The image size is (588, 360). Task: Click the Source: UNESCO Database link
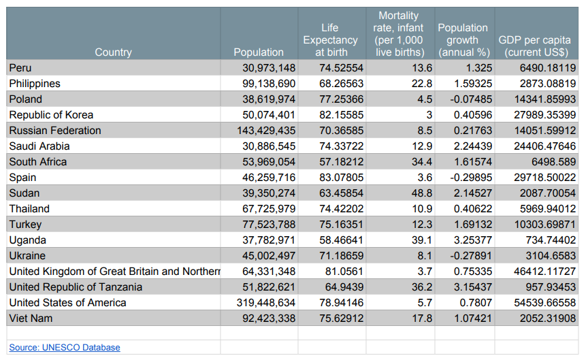[64, 348]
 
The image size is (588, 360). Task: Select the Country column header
[113, 52]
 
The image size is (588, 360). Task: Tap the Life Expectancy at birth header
[330, 40]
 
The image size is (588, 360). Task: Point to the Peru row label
[20, 68]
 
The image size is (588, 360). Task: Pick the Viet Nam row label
[31, 318]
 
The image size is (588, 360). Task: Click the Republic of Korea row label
[51, 115]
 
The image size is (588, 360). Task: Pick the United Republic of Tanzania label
[76, 287]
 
